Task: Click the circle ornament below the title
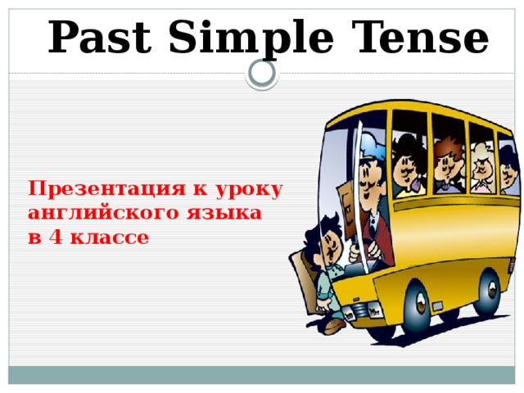262,74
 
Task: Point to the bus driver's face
369,176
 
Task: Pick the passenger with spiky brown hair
446,160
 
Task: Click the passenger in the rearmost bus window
508,168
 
